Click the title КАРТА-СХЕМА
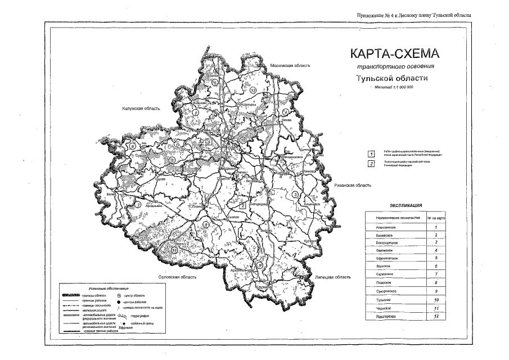coord(393,55)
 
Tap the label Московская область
coord(290,66)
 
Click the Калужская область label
coord(141,109)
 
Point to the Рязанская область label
coord(352,185)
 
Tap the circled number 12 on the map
coord(253,91)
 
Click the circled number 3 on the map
coord(295,195)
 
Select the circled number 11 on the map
coord(175,249)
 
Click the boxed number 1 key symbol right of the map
coord(371,153)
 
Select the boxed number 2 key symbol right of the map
coord(371,164)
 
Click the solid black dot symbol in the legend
coord(119,301)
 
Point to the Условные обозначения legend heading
coord(107,287)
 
